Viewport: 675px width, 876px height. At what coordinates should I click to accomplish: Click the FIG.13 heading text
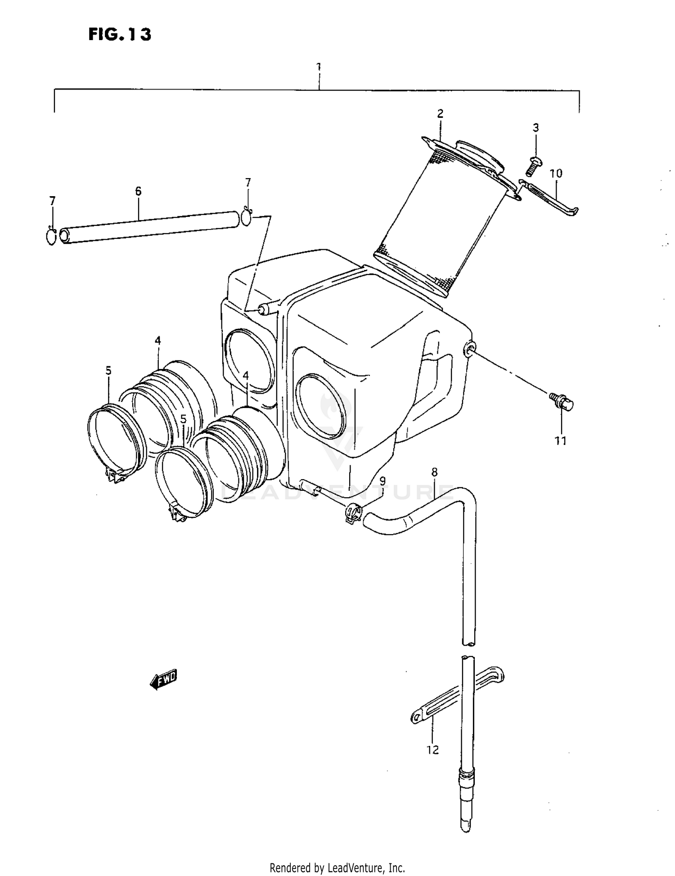click(120, 35)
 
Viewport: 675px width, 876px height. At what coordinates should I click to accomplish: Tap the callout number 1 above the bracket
click(319, 67)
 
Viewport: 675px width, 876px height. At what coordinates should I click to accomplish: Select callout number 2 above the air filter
click(440, 113)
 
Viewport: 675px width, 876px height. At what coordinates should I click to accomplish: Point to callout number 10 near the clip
click(556, 173)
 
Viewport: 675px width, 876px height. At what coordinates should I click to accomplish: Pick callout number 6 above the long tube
click(138, 191)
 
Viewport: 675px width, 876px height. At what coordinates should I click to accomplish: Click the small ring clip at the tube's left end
click(51, 237)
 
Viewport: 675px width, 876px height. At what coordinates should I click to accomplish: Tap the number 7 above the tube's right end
click(248, 182)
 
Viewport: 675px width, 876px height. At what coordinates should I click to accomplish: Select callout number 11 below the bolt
click(560, 441)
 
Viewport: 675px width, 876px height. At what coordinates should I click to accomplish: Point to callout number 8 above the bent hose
click(434, 472)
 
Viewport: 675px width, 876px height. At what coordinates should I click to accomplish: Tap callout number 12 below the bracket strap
click(432, 750)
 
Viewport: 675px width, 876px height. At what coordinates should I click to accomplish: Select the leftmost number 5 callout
click(108, 371)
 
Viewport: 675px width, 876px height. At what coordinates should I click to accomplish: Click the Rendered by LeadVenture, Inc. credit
click(337, 867)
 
